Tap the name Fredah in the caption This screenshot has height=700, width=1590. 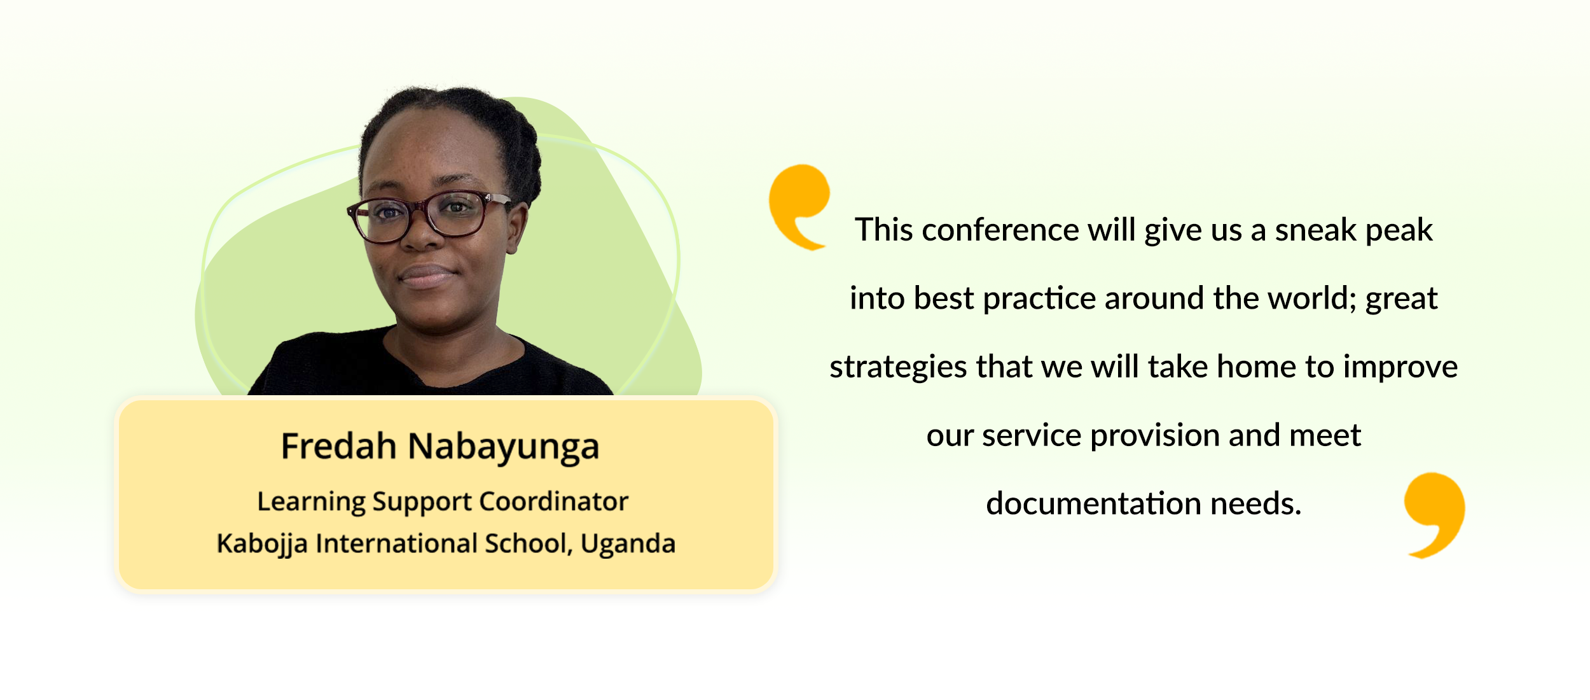coord(338,445)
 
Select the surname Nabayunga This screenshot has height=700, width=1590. coord(504,448)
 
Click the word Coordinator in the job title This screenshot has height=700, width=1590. coord(553,501)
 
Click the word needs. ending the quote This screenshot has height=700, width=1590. coord(1256,504)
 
